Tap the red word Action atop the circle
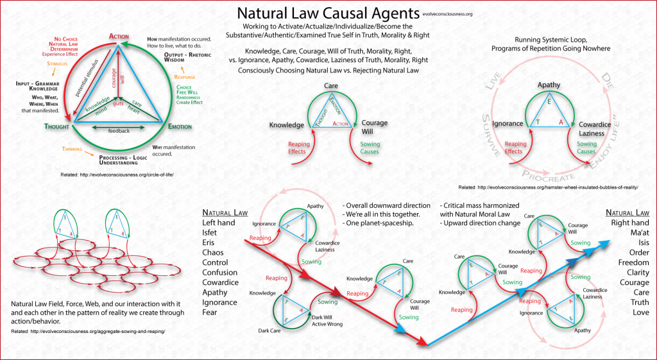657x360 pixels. tap(119, 36)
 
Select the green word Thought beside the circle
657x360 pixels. tap(57, 126)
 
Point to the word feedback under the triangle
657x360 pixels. tap(119, 131)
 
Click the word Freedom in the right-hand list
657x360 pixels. tap(633, 262)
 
